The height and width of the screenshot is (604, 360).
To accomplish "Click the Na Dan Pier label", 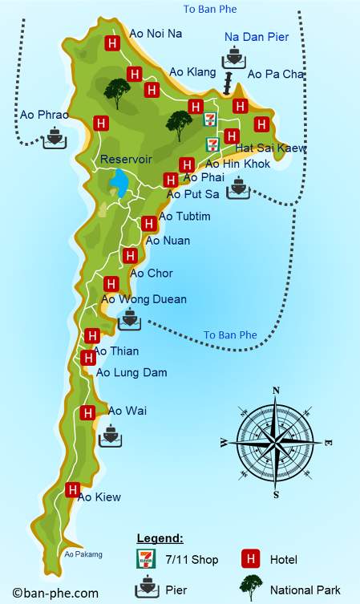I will click(256, 37).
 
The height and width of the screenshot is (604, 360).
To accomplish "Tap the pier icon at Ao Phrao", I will click(55, 136).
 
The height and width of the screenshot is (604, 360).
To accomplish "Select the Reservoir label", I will click(126, 160).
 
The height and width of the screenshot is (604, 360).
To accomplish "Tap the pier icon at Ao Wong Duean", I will click(129, 320).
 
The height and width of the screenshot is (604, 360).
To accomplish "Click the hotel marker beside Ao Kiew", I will click(73, 489).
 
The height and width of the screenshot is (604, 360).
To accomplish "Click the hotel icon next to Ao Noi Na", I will click(113, 43).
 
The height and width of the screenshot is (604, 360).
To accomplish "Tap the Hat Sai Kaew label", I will click(271, 148).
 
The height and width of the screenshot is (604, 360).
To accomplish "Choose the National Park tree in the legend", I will click(251, 588).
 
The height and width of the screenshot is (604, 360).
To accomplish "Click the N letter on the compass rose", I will click(276, 391).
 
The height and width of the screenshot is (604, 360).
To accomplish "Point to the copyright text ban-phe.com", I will click(55, 594).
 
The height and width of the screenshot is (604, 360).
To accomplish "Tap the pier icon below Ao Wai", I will click(110, 436).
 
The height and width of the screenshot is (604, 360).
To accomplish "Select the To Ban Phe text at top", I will click(210, 9).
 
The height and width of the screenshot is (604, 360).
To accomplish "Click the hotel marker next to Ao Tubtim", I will click(148, 224).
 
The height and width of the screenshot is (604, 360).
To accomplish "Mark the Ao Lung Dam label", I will click(131, 372).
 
